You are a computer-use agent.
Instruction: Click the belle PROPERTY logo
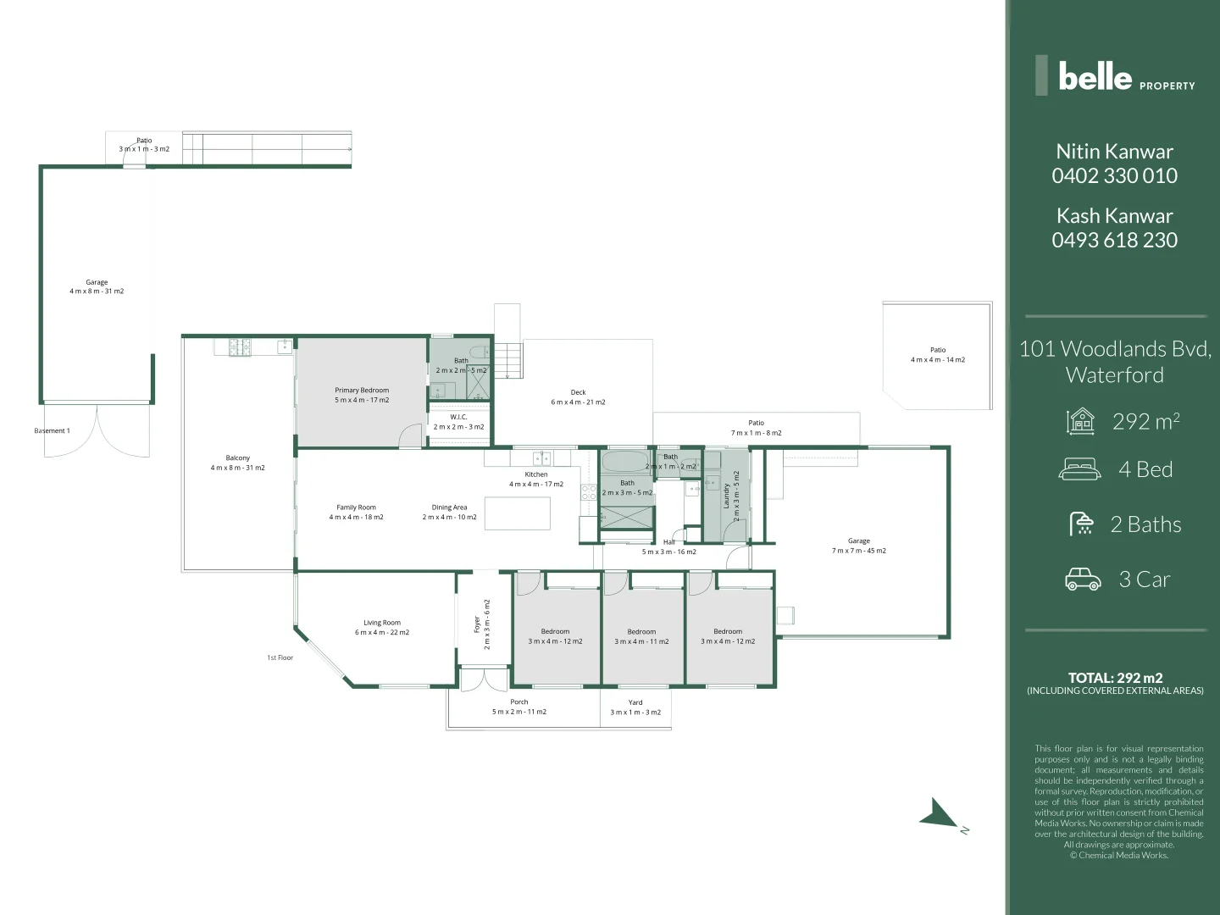coord(1115,76)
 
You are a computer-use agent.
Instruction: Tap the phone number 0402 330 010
coord(1114,176)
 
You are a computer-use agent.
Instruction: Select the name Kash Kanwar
coord(1114,216)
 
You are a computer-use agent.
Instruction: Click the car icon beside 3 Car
coord(1083,579)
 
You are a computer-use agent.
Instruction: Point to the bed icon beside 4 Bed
coord(1080,469)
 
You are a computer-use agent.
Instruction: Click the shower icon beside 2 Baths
coord(1082,524)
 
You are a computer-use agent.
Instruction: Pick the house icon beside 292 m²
coord(1081,421)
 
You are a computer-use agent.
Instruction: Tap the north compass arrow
coord(939,814)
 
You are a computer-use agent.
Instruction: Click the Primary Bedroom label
coord(362,391)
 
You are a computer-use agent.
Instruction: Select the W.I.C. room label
coord(458,417)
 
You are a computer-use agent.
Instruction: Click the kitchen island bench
coord(518,513)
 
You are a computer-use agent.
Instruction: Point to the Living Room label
coord(382,623)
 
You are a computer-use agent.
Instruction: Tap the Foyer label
coord(477,624)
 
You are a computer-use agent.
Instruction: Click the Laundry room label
coord(726,496)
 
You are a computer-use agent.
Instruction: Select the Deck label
coord(578,392)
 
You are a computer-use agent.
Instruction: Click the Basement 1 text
coord(52,431)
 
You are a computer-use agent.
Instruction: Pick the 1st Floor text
coord(280,657)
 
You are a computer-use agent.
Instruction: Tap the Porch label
coord(519,701)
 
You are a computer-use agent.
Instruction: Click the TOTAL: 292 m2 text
coord(1115,678)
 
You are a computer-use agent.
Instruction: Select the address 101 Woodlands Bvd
coord(1115,349)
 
